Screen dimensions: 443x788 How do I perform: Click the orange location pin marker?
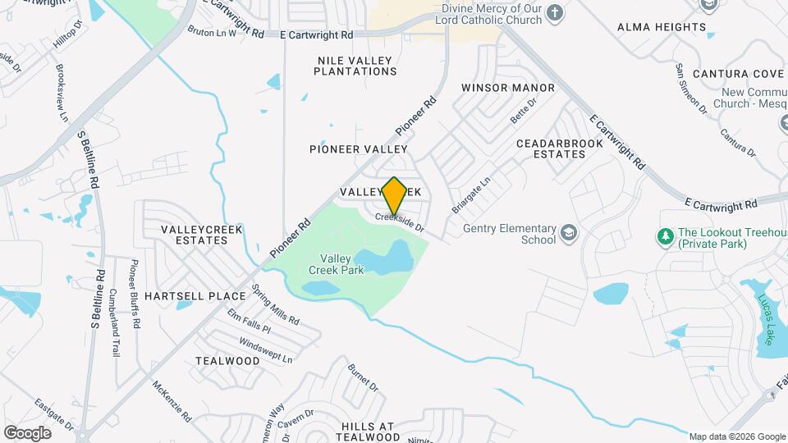(395, 195)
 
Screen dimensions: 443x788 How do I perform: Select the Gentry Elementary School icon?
(566, 234)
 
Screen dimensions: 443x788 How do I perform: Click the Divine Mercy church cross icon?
(555, 12)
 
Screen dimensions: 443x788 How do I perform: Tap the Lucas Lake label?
(766, 318)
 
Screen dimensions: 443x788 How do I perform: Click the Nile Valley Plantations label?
(356, 66)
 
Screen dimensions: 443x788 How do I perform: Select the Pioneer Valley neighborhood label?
(359, 149)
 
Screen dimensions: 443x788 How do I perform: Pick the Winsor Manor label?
(508, 88)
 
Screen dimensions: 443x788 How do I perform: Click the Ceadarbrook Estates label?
(560, 148)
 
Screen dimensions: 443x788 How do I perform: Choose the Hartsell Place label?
(195, 295)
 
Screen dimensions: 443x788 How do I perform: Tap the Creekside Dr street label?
(401, 221)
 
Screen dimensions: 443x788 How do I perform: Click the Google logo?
(27, 432)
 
